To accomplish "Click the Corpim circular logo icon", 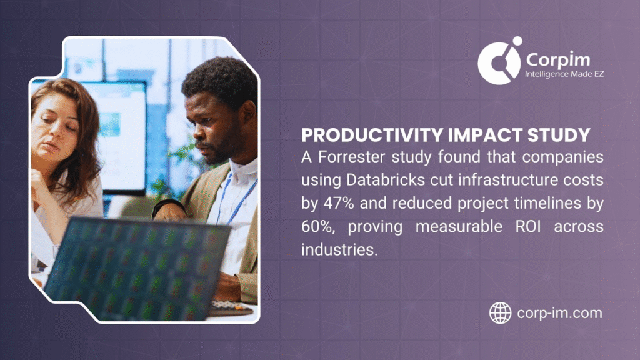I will (x=499, y=61).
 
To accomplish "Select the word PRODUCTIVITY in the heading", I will (x=355, y=135).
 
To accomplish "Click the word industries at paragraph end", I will (x=334, y=249).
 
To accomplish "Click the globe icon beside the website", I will (x=500, y=312).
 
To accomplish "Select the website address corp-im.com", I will (x=559, y=312).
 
